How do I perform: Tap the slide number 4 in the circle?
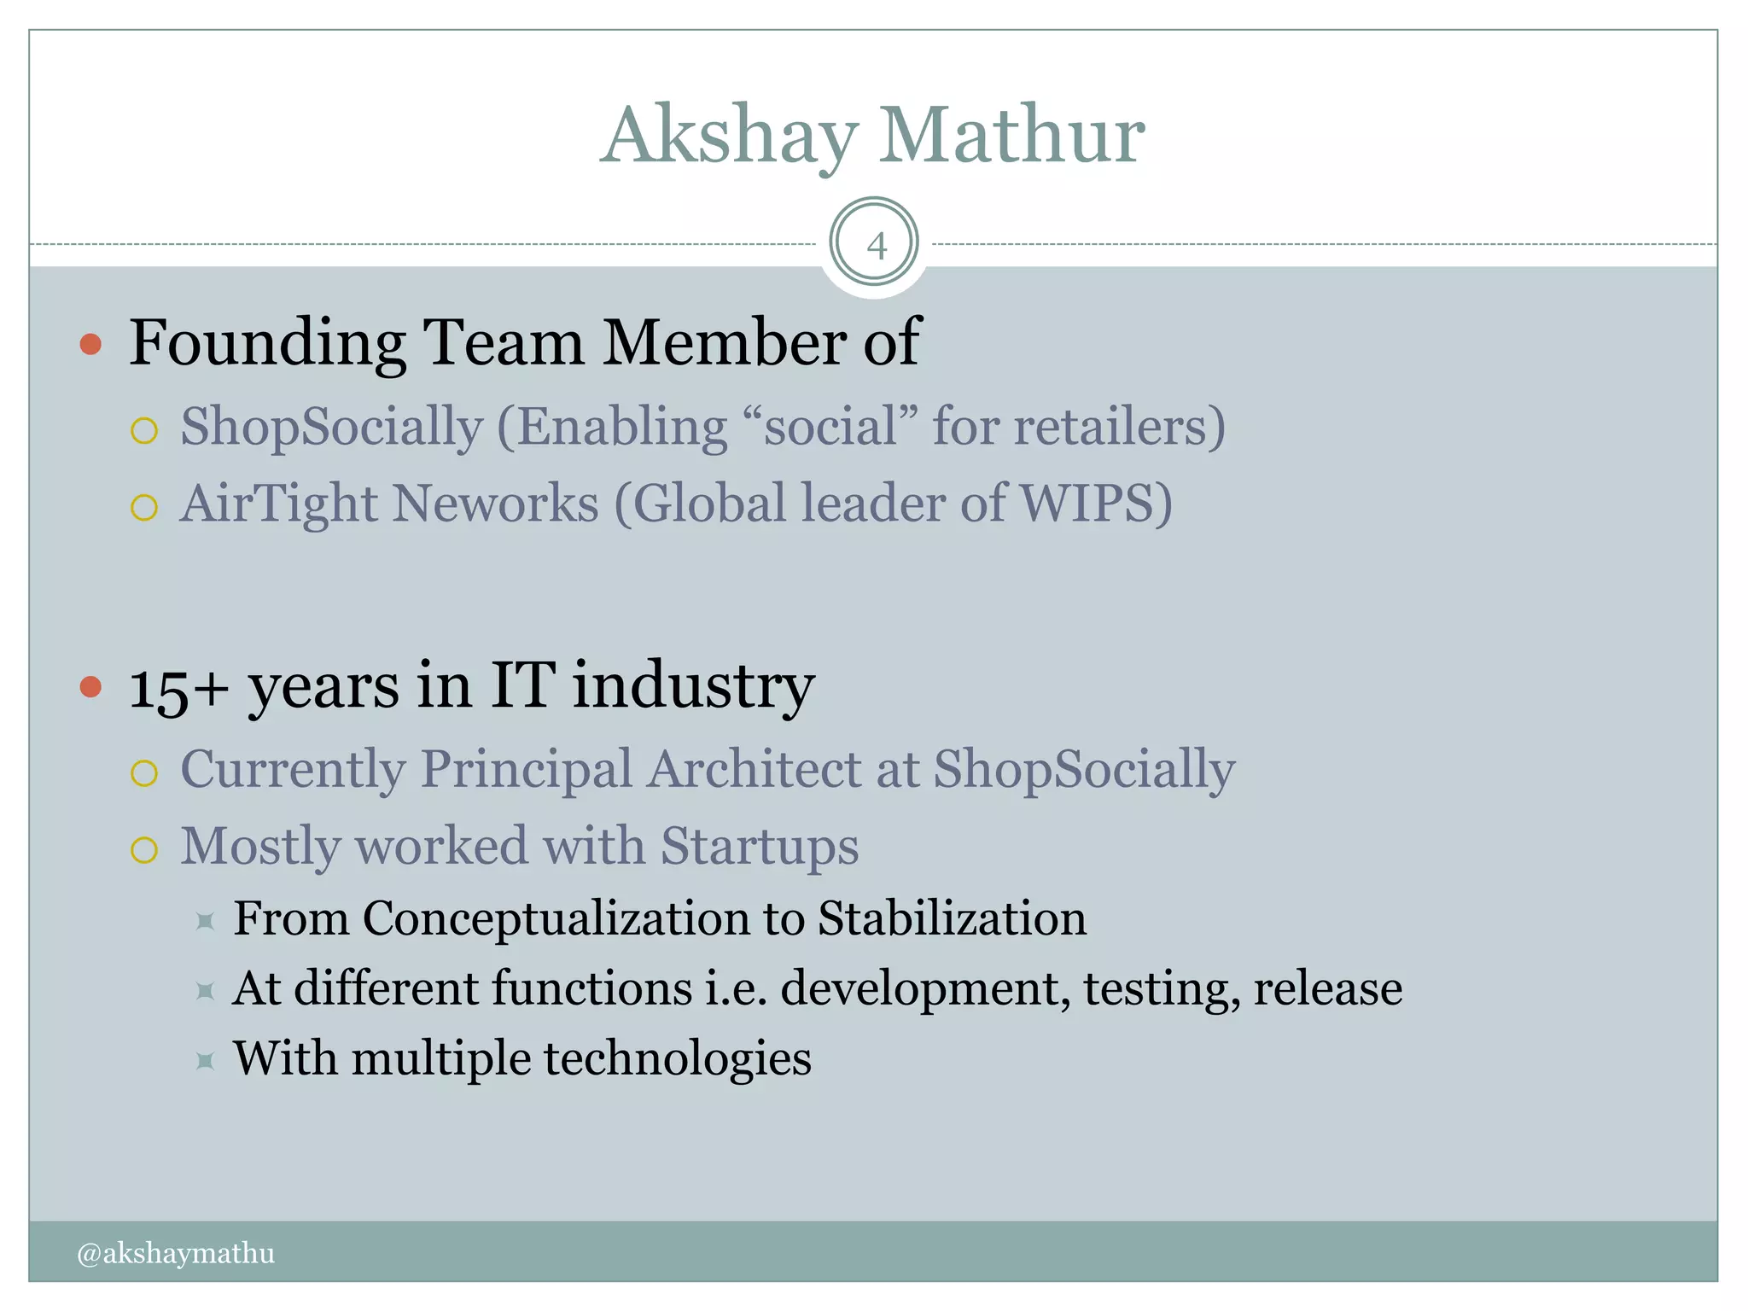876,246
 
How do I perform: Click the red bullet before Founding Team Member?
90,345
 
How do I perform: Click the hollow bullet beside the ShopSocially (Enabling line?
144,430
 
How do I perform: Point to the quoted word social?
830,426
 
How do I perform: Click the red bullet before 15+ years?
90,687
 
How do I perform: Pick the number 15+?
179,687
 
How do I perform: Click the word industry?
693,687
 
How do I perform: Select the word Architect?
754,769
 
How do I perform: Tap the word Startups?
760,846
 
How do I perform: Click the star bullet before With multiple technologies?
205,1061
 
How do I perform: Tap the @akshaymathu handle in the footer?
176,1253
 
